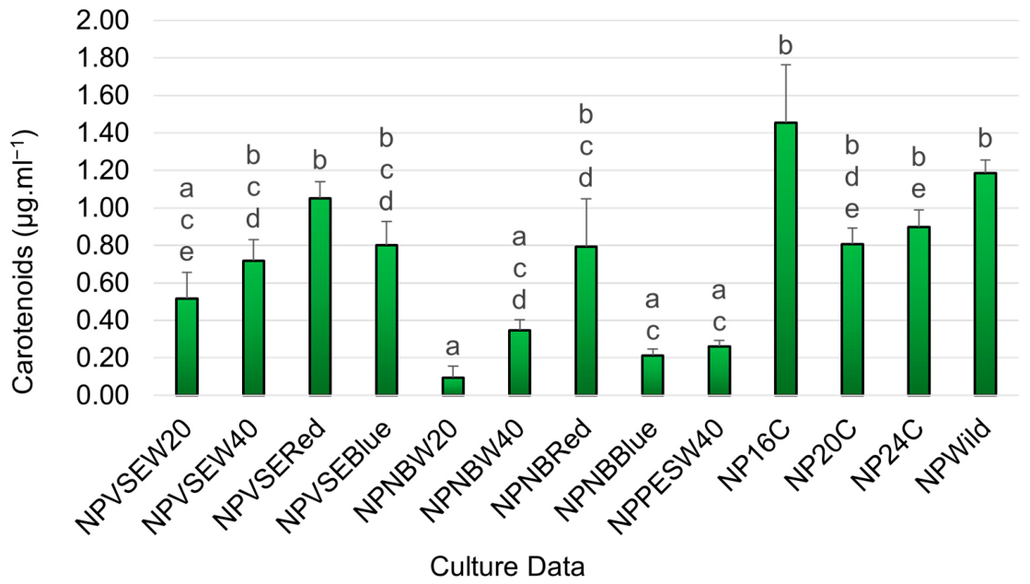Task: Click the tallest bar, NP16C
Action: pyautogui.click(x=786, y=259)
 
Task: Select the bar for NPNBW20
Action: pyautogui.click(x=453, y=386)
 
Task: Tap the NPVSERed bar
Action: pyautogui.click(x=320, y=297)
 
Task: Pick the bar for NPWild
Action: pyautogui.click(x=985, y=284)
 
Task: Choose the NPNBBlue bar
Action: pyautogui.click(x=653, y=375)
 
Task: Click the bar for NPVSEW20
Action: pyautogui.click(x=187, y=346)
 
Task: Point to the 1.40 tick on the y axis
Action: pyautogui.click(x=102, y=134)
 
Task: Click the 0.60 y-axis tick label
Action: pyautogui.click(x=102, y=284)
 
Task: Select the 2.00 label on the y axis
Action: pyautogui.click(x=102, y=20)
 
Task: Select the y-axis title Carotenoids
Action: pyautogui.click(x=24, y=263)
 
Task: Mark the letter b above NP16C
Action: pyautogui.click(x=786, y=46)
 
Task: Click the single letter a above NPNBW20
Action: pyautogui.click(x=453, y=347)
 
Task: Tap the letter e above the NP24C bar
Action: pyautogui.click(x=919, y=190)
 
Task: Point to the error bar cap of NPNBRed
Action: pyautogui.click(x=586, y=199)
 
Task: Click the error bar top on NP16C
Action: pyautogui.click(x=786, y=64)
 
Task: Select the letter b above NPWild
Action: pyautogui.click(x=985, y=139)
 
